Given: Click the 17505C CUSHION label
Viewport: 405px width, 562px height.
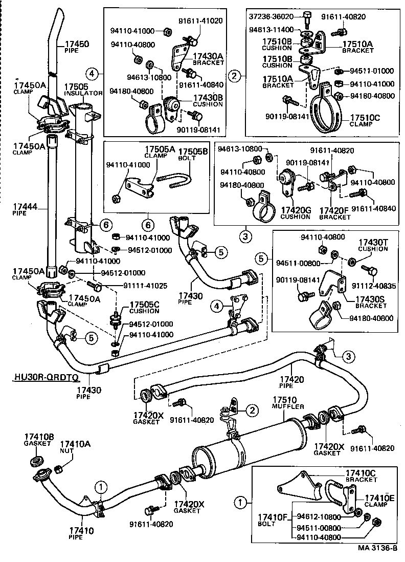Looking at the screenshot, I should [144, 307].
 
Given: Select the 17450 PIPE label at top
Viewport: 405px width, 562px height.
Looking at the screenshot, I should [76, 47].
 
